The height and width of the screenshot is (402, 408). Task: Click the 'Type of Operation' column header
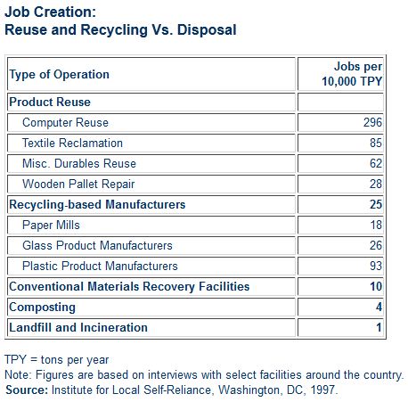[60, 74]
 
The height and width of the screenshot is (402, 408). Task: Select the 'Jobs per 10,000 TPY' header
[352, 74]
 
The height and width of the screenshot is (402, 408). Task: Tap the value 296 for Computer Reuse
[372, 122]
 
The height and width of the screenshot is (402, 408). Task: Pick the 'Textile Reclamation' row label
[72, 143]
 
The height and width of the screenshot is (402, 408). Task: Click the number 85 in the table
[376, 143]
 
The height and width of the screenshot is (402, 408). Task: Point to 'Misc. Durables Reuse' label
[79, 163]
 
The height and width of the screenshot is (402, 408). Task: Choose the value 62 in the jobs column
[376, 163]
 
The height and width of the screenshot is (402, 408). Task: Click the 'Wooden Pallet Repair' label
[78, 185]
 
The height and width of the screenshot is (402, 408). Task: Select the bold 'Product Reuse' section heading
[50, 102]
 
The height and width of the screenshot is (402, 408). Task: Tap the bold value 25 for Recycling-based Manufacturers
[376, 204]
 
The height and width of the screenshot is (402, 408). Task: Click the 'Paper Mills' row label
[51, 225]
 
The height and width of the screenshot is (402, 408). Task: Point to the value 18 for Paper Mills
[376, 225]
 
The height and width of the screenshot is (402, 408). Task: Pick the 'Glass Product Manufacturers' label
[97, 245]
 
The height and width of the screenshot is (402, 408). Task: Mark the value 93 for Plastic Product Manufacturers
[376, 266]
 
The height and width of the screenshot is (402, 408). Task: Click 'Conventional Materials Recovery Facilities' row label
[129, 286]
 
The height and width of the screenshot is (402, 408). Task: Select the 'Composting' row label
[42, 308]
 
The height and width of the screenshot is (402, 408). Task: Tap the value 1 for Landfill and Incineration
[379, 327]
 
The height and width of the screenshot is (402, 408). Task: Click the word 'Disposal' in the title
[207, 29]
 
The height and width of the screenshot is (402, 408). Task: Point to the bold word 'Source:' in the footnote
[27, 390]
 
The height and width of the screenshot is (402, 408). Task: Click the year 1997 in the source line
[323, 390]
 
